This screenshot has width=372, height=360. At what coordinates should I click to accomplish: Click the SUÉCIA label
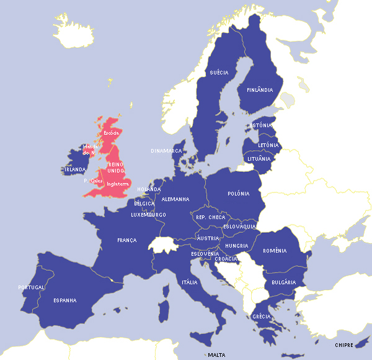pyautogui.click(x=219, y=73)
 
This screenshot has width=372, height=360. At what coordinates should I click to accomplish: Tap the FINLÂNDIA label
pyautogui.click(x=260, y=90)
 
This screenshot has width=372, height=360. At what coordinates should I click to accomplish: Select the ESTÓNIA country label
pyautogui.click(x=260, y=125)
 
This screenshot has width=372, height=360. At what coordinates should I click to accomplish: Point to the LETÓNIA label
pyautogui.click(x=268, y=145)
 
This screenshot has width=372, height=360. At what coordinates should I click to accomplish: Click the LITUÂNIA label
pyautogui.click(x=259, y=159)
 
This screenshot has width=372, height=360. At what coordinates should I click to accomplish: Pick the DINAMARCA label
pyautogui.click(x=166, y=151)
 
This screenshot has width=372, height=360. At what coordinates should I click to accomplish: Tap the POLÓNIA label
pyautogui.click(x=238, y=194)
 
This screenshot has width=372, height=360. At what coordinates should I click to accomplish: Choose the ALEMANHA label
pyautogui.click(x=175, y=199)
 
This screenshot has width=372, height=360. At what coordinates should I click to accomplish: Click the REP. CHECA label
pyautogui.click(x=211, y=217)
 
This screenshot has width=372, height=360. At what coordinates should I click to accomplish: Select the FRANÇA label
pyautogui.click(x=126, y=240)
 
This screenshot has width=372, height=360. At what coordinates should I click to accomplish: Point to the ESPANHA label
pyautogui.click(x=64, y=300)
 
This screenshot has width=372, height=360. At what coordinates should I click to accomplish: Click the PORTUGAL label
pyautogui.click(x=31, y=287)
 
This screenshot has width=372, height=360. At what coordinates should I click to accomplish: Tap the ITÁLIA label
pyautogui.click(x=189, y=282)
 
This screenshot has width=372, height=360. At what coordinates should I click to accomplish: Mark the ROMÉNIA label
pyautogui.click(x=275, y=251)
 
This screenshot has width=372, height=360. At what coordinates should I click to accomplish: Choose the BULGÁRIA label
pyautogui.click(x=283, y=282)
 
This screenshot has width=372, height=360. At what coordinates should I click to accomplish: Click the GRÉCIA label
pyautogui.click(x=261, y=317)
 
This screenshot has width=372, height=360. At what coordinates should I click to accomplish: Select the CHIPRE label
pyautogui.click(x=344, y=345)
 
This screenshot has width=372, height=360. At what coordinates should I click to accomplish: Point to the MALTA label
pyautogui.click(x=216, y=355)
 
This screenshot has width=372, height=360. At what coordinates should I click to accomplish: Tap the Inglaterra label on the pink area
pyautogui.click(x=117, y=184)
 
